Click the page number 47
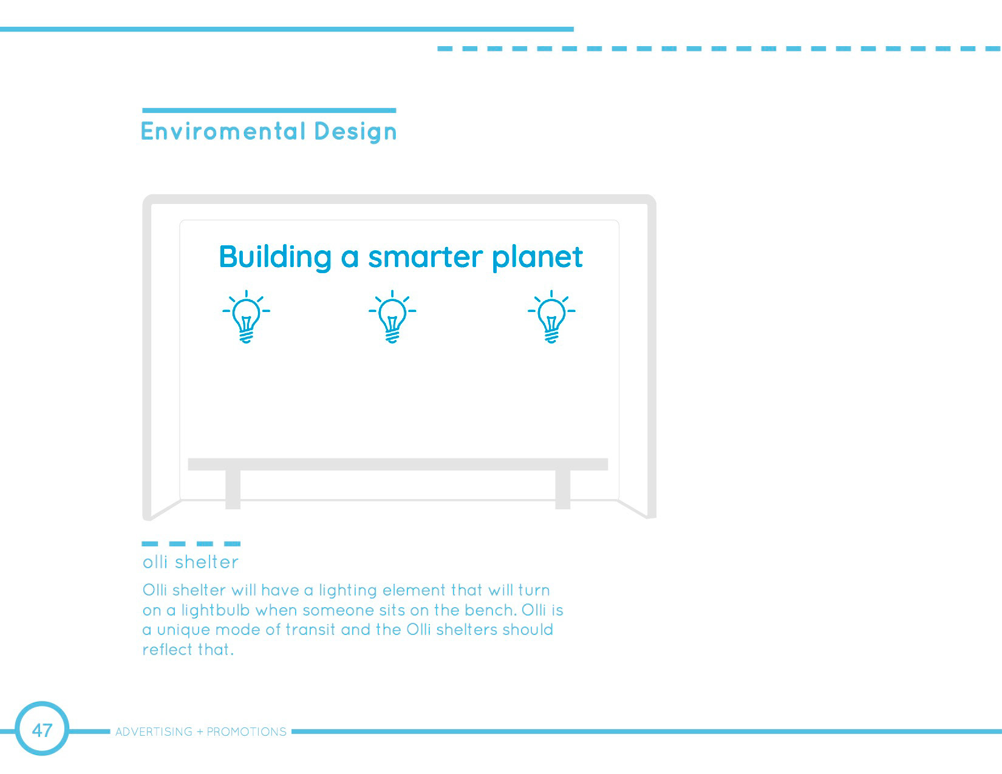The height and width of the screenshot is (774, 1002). click(42, 730)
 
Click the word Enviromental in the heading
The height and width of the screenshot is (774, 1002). click(223, 131)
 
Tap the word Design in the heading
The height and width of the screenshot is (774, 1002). click(355, 132)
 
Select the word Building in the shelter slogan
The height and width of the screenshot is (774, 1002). click(275, 257)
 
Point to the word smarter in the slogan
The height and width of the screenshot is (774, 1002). click(426, 257)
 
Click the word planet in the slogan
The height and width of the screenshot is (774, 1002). click(537, 258)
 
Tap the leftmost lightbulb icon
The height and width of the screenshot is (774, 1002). click(246, 317)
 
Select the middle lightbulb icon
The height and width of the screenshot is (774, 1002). click(392, 317)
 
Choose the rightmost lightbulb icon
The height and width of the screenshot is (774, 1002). click(551, 317)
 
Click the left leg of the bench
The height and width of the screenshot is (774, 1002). click(233, 489)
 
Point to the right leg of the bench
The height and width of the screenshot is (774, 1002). click(563, 489)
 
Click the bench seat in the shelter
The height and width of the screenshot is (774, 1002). click(398, 464)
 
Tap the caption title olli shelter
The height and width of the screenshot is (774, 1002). click(191, 562)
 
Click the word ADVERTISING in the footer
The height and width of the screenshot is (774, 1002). click(154, 732)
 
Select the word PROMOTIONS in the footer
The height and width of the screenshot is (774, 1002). click(247, 732)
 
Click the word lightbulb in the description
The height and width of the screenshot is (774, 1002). click(216, 610)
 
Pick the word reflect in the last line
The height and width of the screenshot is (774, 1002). click(168, 650)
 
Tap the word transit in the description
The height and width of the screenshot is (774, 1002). click(310, 630)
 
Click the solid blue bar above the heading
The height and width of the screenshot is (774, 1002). click(269, 110)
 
